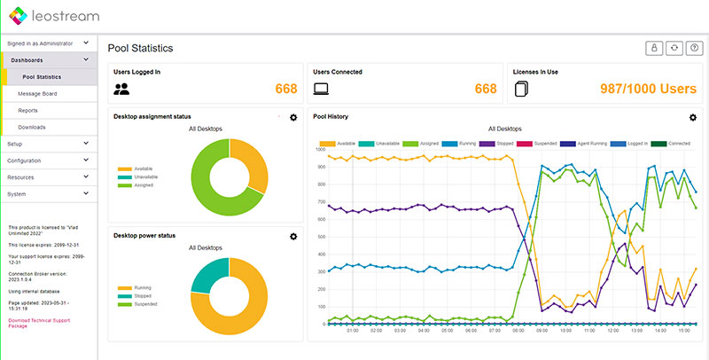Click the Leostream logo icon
click(x=17, y=15)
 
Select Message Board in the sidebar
click(x=37, y=93)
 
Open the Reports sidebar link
click(x=28, y=110)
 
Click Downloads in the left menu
click(x=32, y=127)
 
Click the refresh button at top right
click(x=674, y=48)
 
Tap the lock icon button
click(x=655, y=48)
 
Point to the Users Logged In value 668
click(x=284, y=89)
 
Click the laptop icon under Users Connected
click(x=322, y=89)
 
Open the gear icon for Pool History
click(x=693, y=117)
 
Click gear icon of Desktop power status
click(x=293, y=237)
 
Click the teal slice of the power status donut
click(x=210, y=275)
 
